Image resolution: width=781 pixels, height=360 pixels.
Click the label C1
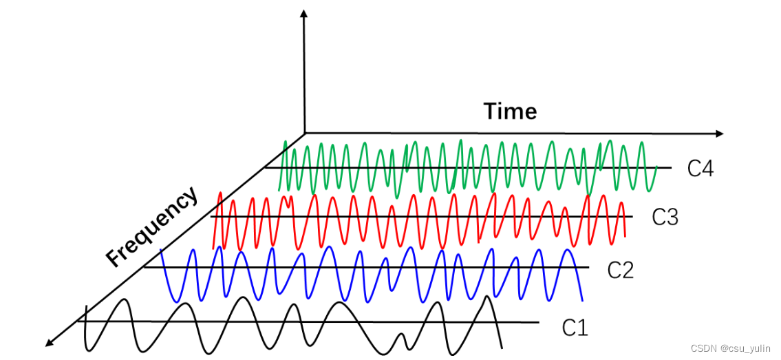(x=575, y=328)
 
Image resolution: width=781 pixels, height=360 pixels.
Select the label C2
(x=620, y=271)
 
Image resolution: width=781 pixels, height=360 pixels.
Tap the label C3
(x=665, y=218)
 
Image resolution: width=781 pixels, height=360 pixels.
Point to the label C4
(x=700, y=169)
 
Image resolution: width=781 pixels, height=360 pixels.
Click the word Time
(x=510, y=111)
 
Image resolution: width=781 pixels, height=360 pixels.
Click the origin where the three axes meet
(x=303, y=133)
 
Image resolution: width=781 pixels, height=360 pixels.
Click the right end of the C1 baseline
(x=539, y=322)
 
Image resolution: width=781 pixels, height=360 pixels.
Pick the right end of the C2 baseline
(x=589, y=267)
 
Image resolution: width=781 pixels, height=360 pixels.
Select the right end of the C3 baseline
(x=632, y=217)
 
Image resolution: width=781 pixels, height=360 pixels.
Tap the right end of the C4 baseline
(x=671, y=167)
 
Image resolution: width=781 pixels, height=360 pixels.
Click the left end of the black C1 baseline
(x=78, y=321)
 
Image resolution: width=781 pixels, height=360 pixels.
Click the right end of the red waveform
(x=625, y=236)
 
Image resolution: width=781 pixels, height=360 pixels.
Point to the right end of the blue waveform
(x=583, y=301)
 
